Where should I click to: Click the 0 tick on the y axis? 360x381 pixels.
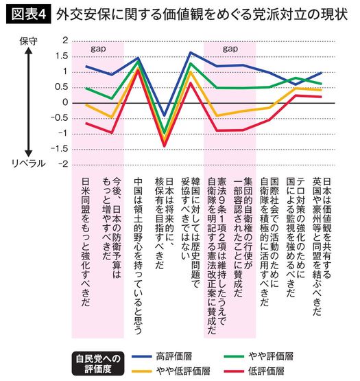pos(64,103)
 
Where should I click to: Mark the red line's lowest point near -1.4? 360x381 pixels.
pos(163,146)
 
